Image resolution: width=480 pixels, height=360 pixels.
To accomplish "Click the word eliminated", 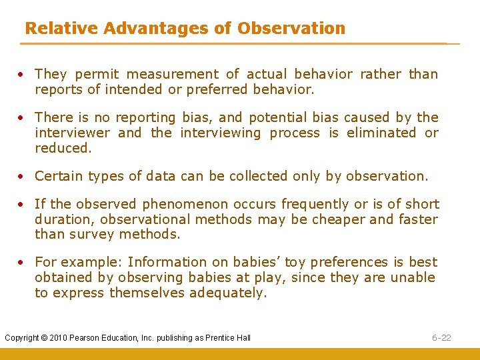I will [x=380, y=133].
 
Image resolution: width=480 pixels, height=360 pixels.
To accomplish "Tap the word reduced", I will [x=62, y=148].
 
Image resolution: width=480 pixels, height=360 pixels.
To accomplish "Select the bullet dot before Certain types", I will [x=22, y=177].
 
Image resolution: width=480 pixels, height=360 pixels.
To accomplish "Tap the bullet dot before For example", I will [x=22, y=263].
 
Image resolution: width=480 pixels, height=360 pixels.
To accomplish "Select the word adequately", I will [x=227, y=293].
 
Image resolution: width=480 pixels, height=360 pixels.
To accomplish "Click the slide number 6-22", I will [x=441, y=338].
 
